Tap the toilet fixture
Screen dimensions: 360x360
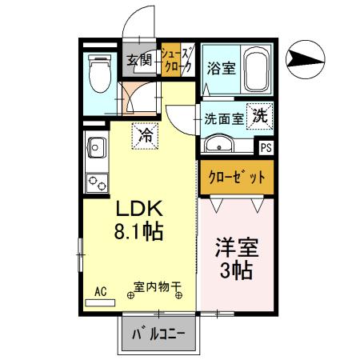click(x=100, y=73)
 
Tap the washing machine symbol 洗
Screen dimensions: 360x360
click(x=260, y=115)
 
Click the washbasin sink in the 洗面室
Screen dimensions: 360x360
click(x=217, y=144)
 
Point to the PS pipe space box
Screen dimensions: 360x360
click(x=266, y=148)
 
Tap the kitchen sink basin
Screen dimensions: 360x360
click(x=97, y=149)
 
